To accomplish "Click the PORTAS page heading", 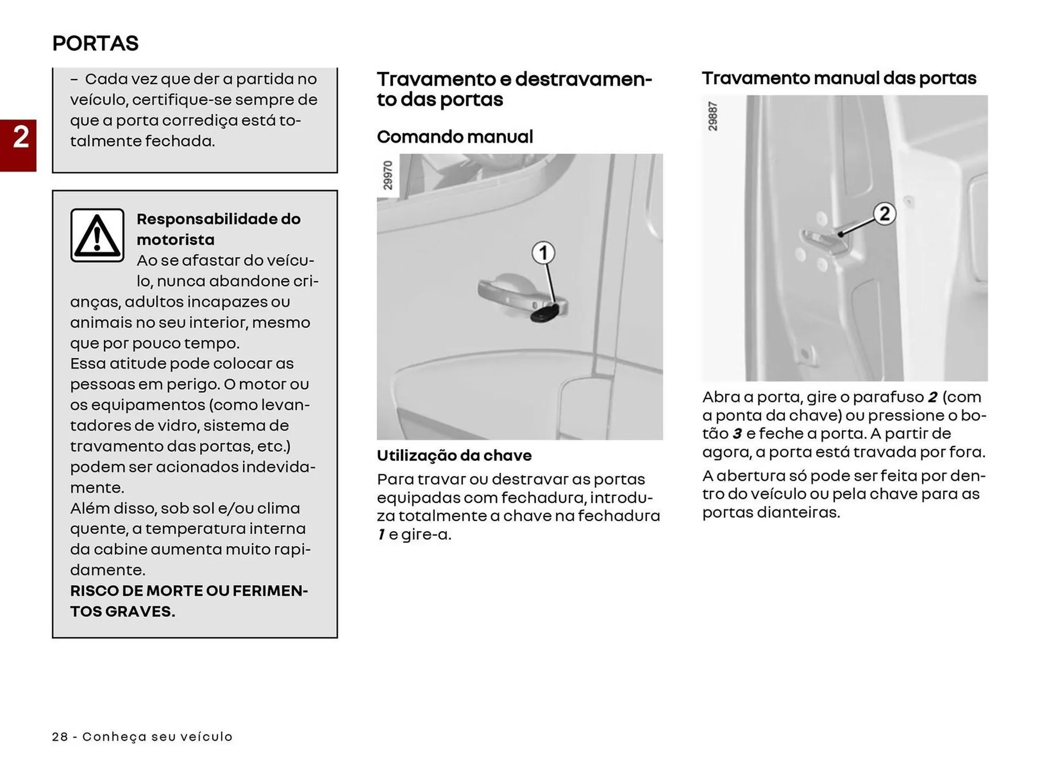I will (x=95, y=43).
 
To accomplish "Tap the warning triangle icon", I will (x=97, y=236).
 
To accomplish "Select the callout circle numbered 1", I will (x=543, y=253).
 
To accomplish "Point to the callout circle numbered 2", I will (x=884, y=213).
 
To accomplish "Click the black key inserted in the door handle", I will (x=544, y=313).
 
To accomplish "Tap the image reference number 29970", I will (x=388, y=175).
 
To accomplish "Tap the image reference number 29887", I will (x=713, y=116).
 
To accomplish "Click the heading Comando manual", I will (x=455, y=137).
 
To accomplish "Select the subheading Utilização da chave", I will (x=454, y=455).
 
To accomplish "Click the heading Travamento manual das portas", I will (x=839, y=79).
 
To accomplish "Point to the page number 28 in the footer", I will (x=60, y=736).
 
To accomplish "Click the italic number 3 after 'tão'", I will (x=737, y=433).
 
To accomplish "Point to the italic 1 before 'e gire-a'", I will (x=381, y=534).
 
